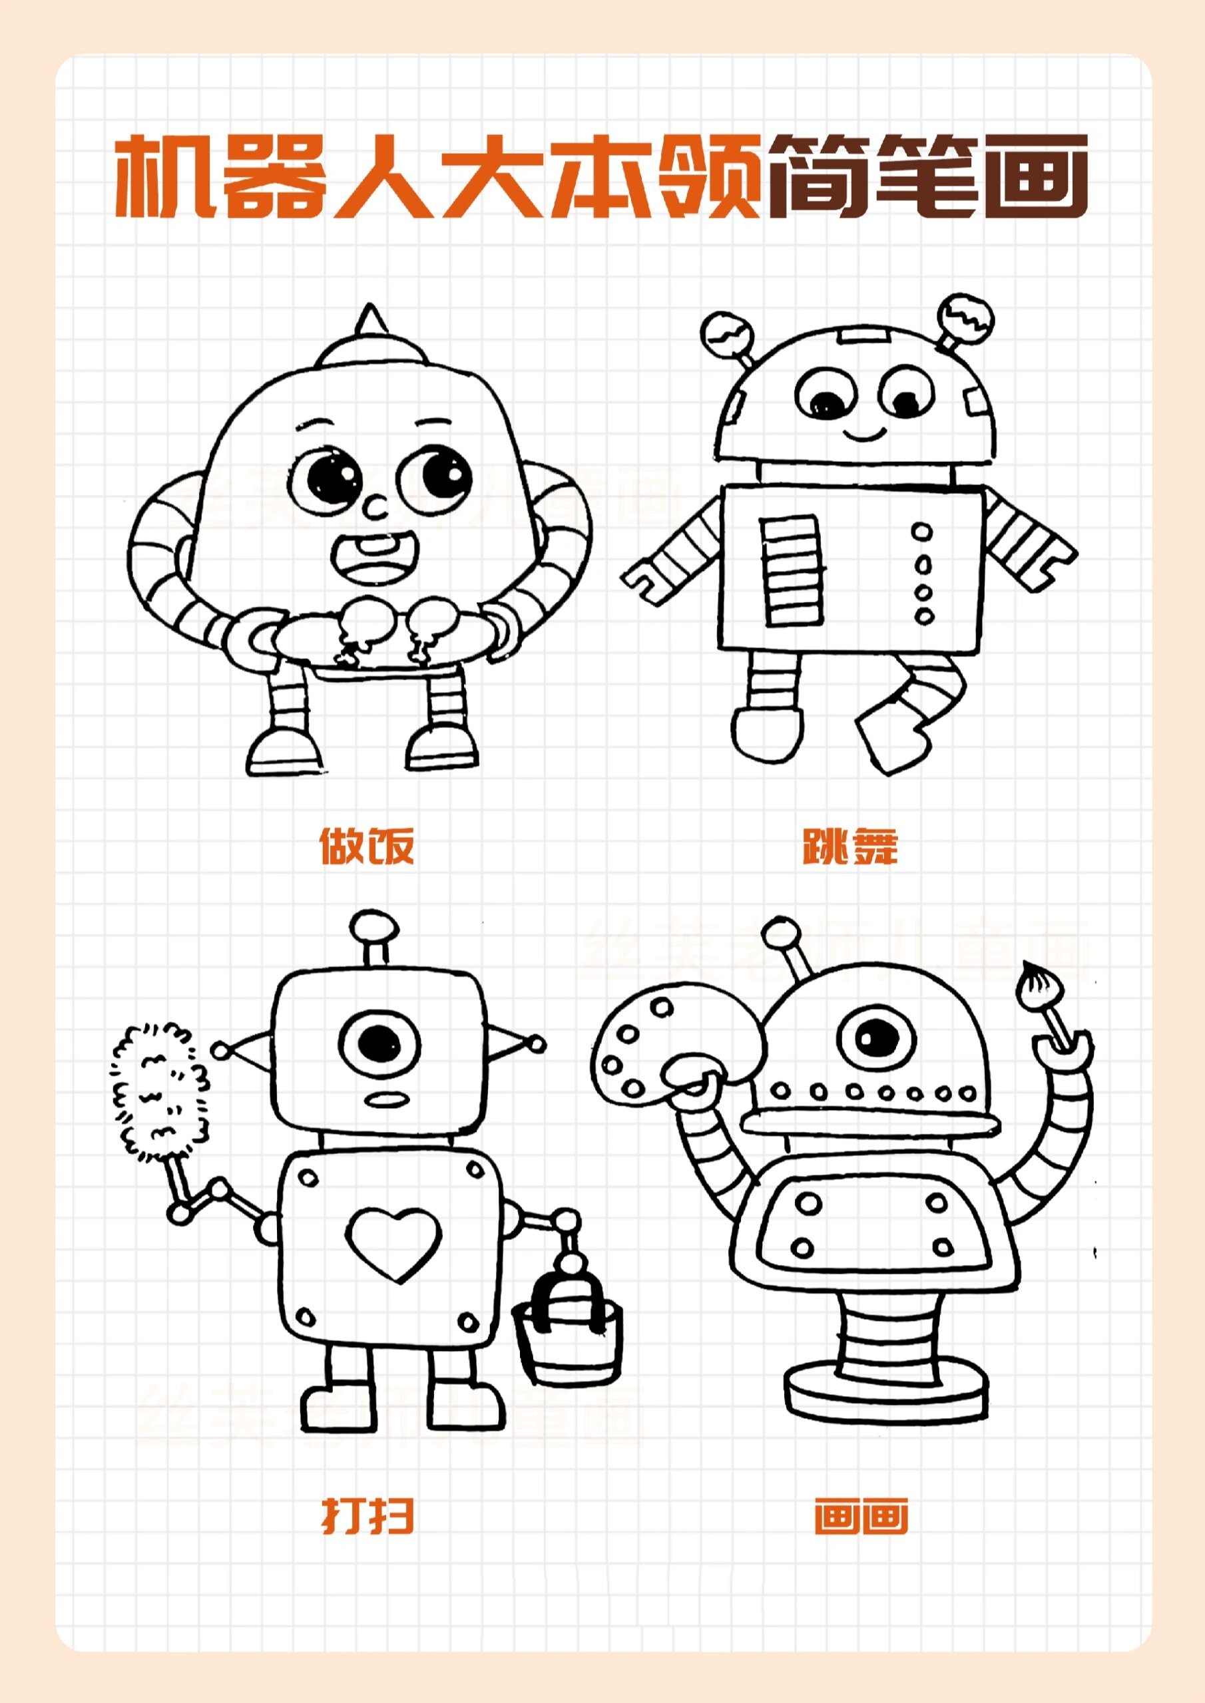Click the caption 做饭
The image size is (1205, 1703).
point(367,847)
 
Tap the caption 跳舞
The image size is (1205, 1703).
point(850,847)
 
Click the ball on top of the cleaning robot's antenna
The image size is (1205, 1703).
point(373,926)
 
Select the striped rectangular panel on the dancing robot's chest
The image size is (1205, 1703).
point(791,570)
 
